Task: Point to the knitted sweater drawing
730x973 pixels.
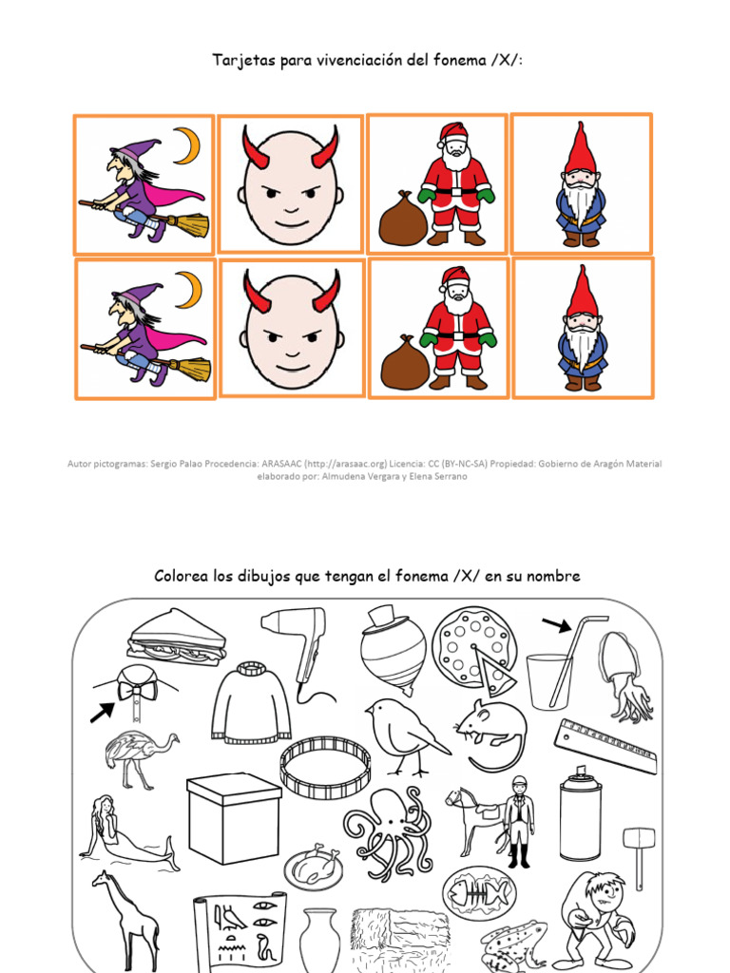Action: pyautogui.click(x=251, y=703)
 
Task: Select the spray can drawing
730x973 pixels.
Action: pyautogui.click(x=580, y=817)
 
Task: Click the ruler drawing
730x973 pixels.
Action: pyautogui.click(x=605, y=746)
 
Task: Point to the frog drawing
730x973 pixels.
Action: pyautogui.click(x=512, y=944)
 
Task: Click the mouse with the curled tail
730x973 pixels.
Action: pyautogui.click(x=491, y=732)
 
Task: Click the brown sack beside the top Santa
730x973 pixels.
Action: pyautogui.click(x=402, y=221)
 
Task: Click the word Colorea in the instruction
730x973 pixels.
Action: pyautogui.click(x=182, y=577)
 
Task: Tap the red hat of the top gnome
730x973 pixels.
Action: pyautogui.click(x=580, y=147)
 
